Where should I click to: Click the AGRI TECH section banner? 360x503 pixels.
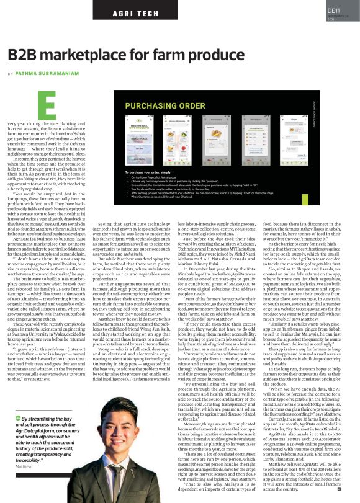(x=133, y=12)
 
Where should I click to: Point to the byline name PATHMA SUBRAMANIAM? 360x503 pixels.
(x=45, y=73)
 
